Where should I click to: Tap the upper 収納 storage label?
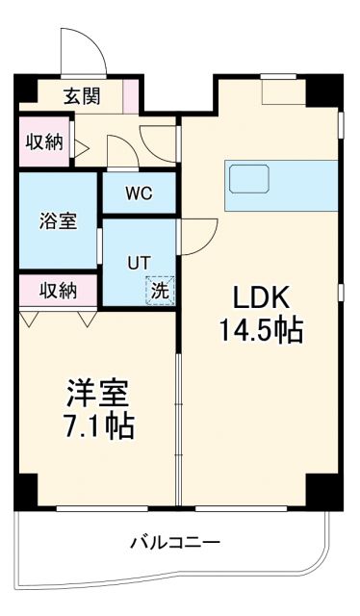point(44,142)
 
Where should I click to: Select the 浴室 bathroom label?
point(57,219)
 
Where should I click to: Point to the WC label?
point(140,192)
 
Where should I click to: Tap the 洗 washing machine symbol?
point(161,288)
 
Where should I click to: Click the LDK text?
point(260,295)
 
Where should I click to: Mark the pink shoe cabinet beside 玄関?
point(131,96)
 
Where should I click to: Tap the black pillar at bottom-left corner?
point(26,491)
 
